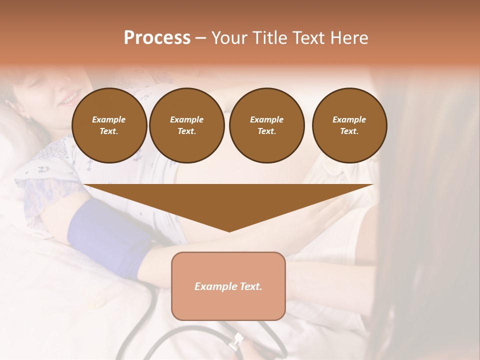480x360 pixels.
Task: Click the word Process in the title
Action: point(157,38)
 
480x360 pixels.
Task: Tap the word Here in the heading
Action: point(348,38)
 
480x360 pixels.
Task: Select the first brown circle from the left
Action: point(109,125)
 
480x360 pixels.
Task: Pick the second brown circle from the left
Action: point(186,125)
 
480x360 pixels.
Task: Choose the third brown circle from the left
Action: point(266,125)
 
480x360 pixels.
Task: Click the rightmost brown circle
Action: point(349,125)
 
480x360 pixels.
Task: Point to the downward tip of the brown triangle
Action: point(229,230)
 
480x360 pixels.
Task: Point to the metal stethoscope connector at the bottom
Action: point(236,341)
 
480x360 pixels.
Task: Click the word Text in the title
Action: point(308,38)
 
